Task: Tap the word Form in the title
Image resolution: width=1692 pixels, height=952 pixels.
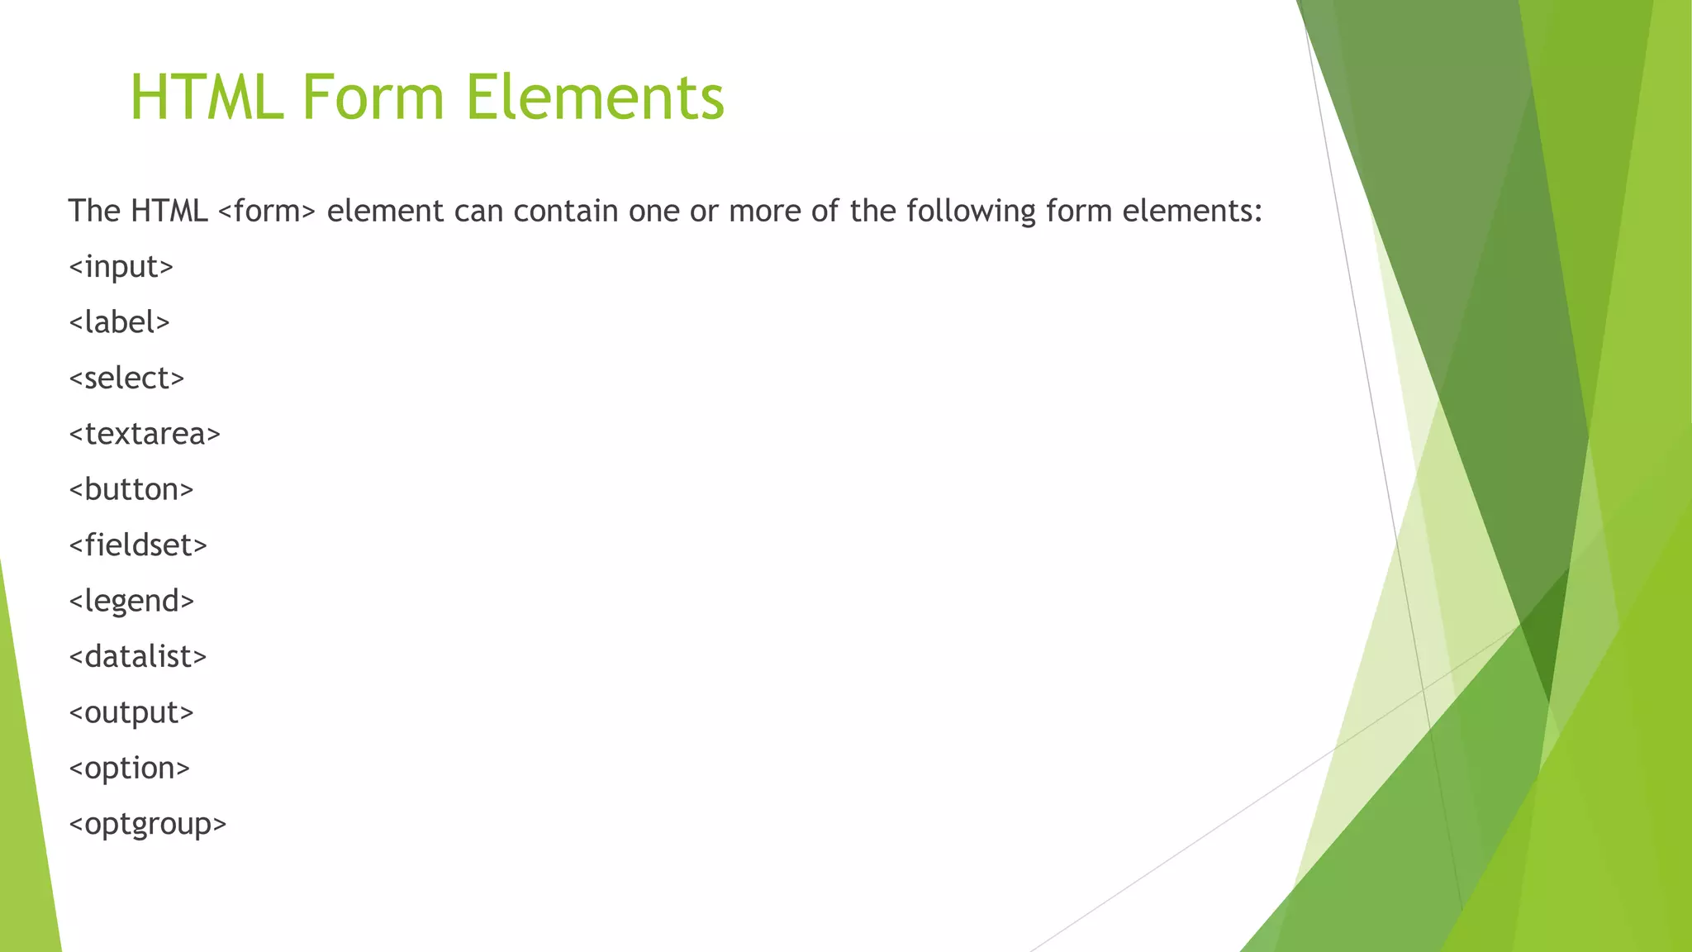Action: (x=373, y=98)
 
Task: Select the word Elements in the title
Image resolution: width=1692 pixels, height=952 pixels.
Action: (x=594, y=98)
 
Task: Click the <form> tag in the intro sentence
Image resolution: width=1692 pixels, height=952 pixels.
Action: (x=267, y=212)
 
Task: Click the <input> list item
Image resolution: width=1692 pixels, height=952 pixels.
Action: (x=121, y=267)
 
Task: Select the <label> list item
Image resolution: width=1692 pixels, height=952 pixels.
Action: (x=119, y=322)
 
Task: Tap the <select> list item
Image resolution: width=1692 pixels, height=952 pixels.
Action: (x=126, y=378)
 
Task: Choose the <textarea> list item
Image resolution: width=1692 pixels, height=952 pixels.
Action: (x=145, y=434)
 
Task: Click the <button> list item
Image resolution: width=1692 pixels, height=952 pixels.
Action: (x=131, y=489)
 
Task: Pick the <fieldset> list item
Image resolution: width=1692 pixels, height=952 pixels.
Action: (x=138, y=545)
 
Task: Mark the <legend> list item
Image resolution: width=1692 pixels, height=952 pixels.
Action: (x=131, y=601)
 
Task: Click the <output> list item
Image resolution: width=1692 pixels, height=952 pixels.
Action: (x=131, y=712)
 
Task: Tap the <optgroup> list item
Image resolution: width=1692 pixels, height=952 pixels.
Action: (x=147, y=824)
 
